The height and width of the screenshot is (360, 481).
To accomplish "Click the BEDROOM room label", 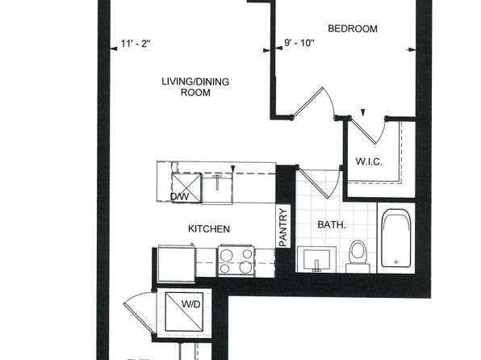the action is click(x=353, y=28).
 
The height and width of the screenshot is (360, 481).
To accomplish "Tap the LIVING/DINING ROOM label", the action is click(x=195, y=87).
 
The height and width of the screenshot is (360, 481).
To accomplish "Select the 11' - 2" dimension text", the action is click(x=136, y=44).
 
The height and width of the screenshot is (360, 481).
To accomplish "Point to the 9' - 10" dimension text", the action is click(x=299, y=43).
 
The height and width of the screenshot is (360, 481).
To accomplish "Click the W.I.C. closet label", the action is click(x=369, y=161).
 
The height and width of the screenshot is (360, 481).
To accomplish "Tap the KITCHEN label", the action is click(x=209, y=228).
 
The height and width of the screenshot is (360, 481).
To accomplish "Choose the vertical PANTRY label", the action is click(x=283, y=227).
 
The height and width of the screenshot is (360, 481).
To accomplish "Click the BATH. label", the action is click(x=332, y=224).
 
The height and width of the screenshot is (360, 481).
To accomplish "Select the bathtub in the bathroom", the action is click(x=396, y=238).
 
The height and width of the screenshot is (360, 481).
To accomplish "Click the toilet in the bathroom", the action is click(x=358, y=256).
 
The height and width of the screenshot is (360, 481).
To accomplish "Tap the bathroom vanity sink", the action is click(x=317, y=260).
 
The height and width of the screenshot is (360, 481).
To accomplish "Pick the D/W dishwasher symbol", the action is click(x=186, y=188).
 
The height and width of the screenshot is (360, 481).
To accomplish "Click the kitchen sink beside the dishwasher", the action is click(x=217, y=188).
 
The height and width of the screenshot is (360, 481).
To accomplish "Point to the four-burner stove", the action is click(x=236, y=260).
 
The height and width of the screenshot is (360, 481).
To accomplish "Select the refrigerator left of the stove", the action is click(x=177, y=264).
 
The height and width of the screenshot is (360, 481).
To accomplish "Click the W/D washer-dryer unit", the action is click(x=184, y=312).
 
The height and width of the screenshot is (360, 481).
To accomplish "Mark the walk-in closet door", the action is click(x=367, y=130).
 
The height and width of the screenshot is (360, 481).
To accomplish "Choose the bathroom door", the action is click(x=320, y=182).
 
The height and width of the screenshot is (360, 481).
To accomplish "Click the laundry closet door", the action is click(x=139, y=312).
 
